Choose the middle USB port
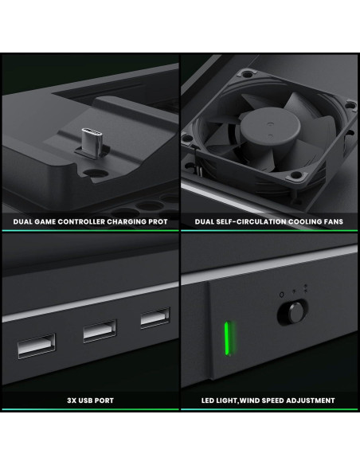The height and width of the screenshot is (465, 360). [x=100, y=329]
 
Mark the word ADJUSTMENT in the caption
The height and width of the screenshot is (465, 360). [x=307, y=401]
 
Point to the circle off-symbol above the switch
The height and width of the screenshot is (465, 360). [x=281, y=295]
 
